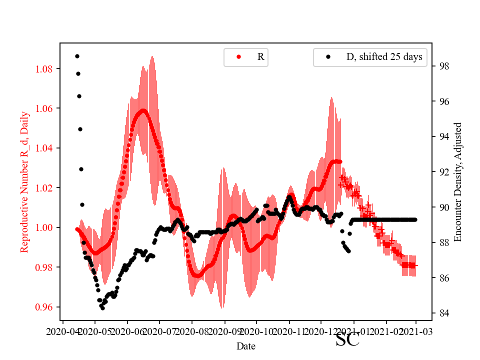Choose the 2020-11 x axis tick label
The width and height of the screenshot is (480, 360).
pyautogui.click(x=289, y=331)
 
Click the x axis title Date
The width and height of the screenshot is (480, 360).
pyautogui.click(x=246, y=346)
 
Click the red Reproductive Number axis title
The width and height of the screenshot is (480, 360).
pyautogui.click(x=24, y=182)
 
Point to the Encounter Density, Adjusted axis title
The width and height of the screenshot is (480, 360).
pyautogui.click(x=457, y=182)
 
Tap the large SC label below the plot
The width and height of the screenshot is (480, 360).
pyautogui.click(x=347, y=340)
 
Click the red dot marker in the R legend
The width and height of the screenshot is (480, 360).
pyautogui.click(x=238, y=57)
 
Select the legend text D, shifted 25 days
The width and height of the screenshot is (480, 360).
pyautogui.click(x=384, y=57)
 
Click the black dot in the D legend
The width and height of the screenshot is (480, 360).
pyautogui.click(x=328, y=57)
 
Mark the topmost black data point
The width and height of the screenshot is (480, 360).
pyautogui.click(x=77, y=56)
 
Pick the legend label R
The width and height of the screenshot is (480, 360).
pyautogui.click(x=260, y=57)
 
